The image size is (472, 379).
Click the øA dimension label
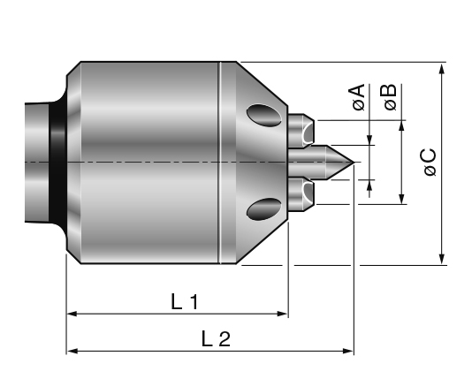point(358,97)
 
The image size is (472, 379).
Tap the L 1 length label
point(184,302)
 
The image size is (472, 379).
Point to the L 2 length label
point(215,339)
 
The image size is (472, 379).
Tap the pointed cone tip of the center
point(350,162)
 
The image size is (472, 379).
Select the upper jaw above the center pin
point(302,132)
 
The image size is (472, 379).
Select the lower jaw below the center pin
point(302,192)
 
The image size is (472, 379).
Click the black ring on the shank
point(57,162)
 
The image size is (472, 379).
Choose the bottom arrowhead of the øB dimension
point(402,197)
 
